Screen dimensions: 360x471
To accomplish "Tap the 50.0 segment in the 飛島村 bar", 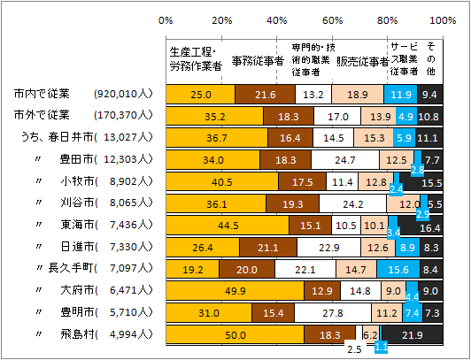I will coord(235,333).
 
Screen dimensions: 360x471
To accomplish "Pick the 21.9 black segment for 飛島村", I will coord(413,333).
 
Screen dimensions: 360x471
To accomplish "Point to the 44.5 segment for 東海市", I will coord(228,226).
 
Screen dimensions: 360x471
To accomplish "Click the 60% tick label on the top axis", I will coord(333,19).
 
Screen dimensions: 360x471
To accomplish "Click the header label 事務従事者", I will coord(258,61).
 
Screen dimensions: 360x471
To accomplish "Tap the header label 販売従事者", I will coord(362,61).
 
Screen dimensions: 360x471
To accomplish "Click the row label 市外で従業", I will coord(42,115).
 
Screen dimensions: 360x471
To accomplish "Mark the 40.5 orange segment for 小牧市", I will coord(222,181).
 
